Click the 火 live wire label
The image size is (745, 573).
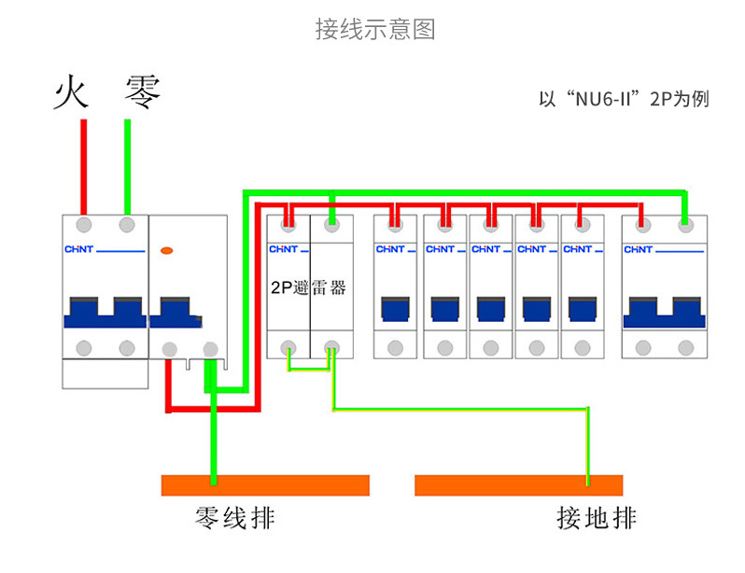[71, 93]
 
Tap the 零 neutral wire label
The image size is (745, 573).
[143, 93]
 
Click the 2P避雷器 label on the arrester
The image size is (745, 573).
[308, 288]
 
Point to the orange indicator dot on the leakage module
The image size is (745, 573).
[167, 250]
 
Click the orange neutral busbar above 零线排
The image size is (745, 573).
[265, 485]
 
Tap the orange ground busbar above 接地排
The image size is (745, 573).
[518, 485]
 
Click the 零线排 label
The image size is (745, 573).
[234, 518]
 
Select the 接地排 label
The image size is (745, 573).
[597, 518]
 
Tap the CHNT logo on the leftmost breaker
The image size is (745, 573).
[78, 249]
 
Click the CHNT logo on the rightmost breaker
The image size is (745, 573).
[639, 249]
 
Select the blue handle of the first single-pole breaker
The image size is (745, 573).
[396, 309]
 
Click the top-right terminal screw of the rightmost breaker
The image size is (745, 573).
[686, 224]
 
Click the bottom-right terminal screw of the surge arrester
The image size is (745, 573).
[331, 348]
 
